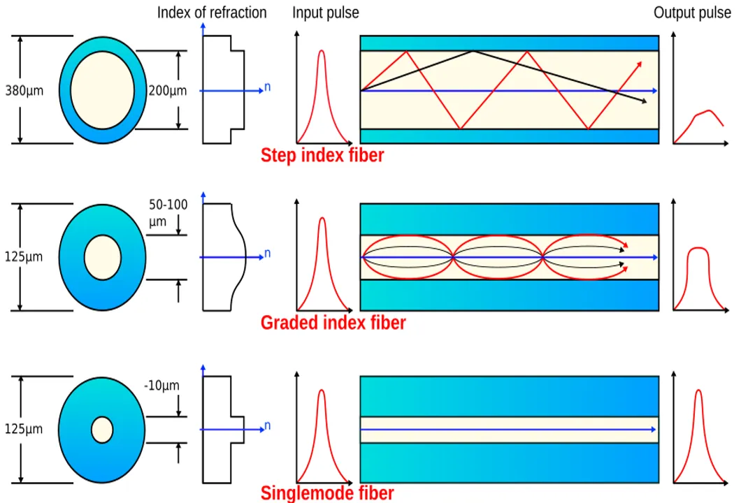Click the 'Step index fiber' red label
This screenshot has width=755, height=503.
pyautogui.click(x=322, y=155)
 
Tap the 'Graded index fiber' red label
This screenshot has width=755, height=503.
pyautogui.click(x=333, y=323)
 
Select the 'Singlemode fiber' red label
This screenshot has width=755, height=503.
pyautogui.click(x=327, y=493)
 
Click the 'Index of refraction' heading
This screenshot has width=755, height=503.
pyautogui.click(x=211, y=13)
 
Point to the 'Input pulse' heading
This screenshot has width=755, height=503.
pyautogui.click(x=325, y=13)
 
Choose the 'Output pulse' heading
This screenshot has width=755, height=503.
pyautogui.click(x=692, y=13)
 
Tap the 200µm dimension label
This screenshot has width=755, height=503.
pyautogui.click(x=168, y=91)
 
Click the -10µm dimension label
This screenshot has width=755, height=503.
pyautogui.click(x=161, y=386)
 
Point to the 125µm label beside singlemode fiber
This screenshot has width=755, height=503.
pyautogui.click(x=24, y=429)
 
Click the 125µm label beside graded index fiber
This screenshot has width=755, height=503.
pyautogui.click(x=24, y=256)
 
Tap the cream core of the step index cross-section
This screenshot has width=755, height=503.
pyautogui.click(x=102, y=90)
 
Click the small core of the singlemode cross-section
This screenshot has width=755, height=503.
pyautogui.click(x=102, y=429)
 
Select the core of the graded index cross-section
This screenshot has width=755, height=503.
pyautogui.click(x=102, y=257)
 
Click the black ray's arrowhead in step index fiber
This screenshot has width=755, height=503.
pyautogui.click(x=643, y=102)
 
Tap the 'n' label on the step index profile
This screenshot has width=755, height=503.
pyautogui.click(x=267, y=88)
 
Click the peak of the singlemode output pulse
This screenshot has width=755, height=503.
pyautogui.click(x=698, y=391)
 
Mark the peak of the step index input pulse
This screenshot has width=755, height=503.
pyautogui.click(x=322, y=50)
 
